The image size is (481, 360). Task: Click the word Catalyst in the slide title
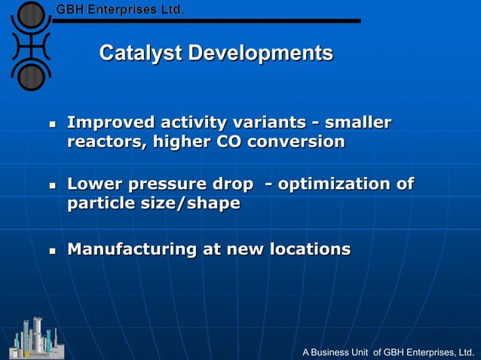coord(140,53)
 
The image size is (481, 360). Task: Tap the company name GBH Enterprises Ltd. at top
coord(120,10)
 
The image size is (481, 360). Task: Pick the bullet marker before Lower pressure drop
coord(53,185)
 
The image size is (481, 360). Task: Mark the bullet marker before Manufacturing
coord(53,250)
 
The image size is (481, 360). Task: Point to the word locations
coord(309,249)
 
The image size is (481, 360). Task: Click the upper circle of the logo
coord(31,15)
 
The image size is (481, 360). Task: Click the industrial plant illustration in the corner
coord(36,338)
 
